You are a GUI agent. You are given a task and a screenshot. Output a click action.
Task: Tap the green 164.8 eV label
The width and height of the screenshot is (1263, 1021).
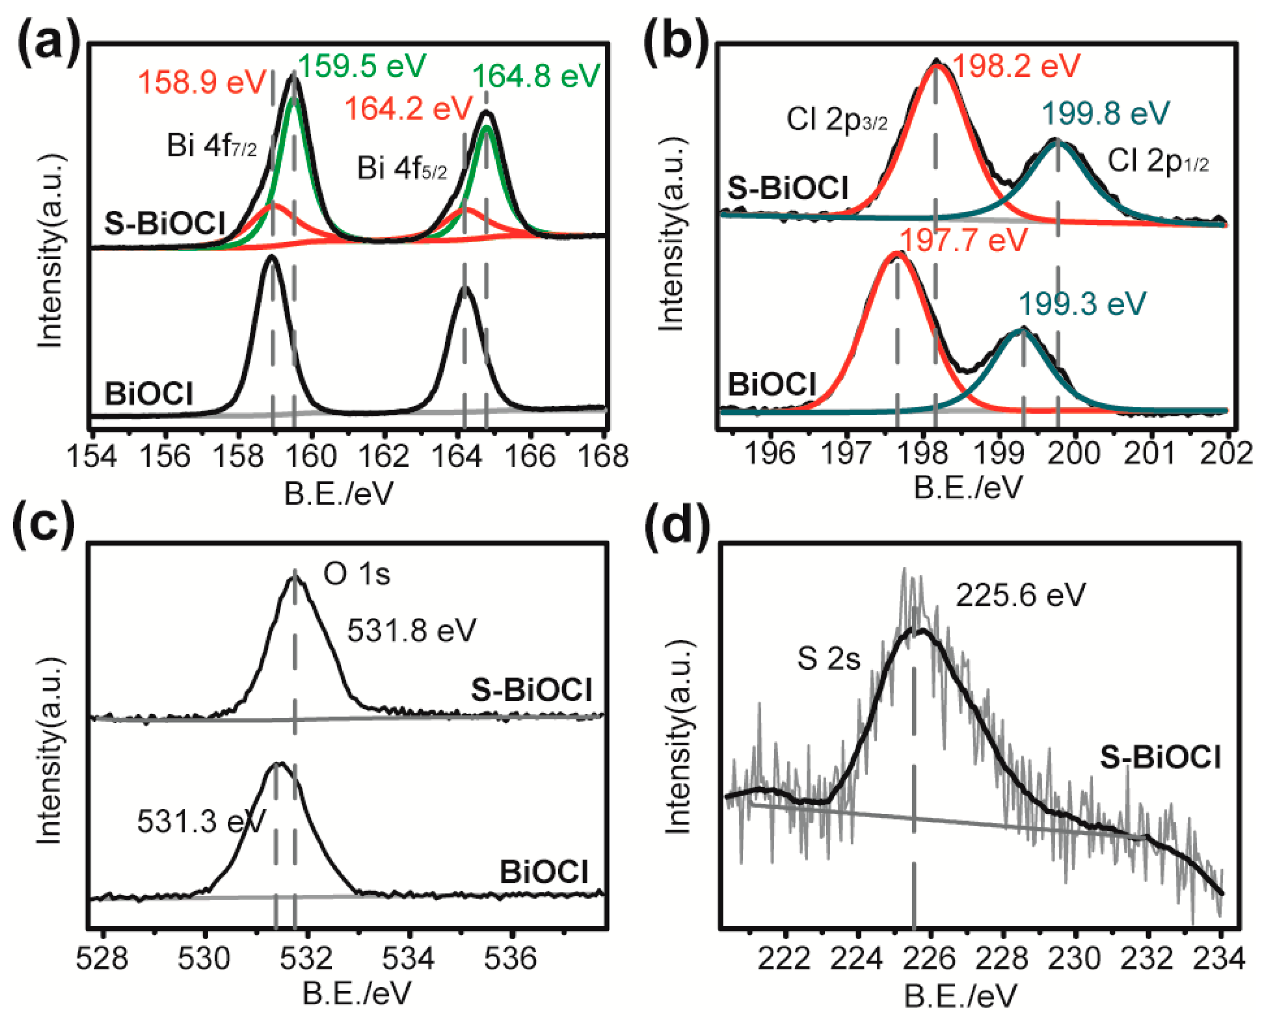tap(536, 76)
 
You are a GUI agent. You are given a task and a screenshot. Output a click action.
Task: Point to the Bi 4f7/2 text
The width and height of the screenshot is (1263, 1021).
tap(212, 145)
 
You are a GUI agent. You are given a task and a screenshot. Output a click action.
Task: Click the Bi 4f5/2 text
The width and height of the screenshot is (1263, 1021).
tap(402, 168)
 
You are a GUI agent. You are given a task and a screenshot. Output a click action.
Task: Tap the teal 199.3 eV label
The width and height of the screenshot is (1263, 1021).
tap(1082, 304)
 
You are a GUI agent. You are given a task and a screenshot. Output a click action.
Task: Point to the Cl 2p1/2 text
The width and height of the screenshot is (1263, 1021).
tap(1158, 161)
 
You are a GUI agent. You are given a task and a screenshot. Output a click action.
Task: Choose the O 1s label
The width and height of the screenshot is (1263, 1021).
tap(356, 573)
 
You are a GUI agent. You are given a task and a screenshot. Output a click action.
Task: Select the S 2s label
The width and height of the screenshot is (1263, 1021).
tap(828, 658)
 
